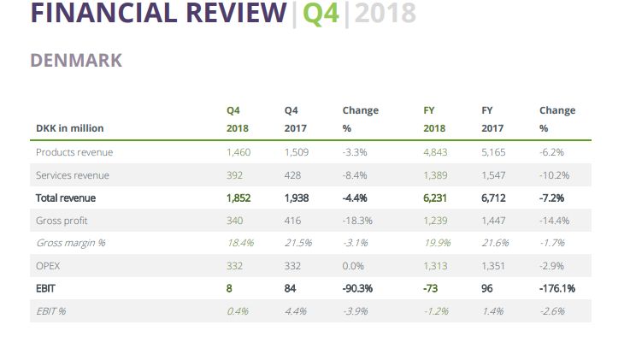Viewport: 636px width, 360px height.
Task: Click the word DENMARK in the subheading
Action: point(76,61)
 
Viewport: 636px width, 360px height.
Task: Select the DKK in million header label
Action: point(69,128)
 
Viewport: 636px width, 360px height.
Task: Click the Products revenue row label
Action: point(74,152)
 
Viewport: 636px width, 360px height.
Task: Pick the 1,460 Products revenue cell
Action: point(238,152)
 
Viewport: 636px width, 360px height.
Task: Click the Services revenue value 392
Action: point(234,175)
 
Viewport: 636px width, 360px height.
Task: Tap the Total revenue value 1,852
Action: point(238,198)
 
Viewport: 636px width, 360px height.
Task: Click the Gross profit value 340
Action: point(234,221)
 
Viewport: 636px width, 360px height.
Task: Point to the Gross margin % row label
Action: point(71,243)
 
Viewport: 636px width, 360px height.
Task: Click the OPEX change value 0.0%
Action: point(353,266)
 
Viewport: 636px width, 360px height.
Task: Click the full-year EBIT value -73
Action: point(432,288)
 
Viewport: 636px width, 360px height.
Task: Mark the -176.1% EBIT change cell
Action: point(557,288)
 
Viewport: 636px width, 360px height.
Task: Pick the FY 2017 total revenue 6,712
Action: point(494,198)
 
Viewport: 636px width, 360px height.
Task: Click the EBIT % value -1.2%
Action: point(435,311)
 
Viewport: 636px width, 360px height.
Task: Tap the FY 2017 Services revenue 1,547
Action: point(494,175)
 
